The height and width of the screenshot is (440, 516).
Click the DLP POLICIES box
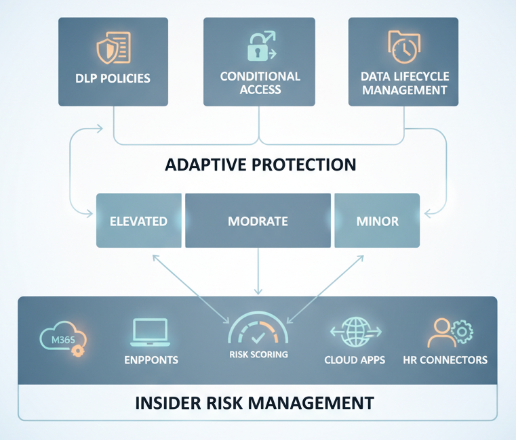(113, 62)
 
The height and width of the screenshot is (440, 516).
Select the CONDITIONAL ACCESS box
(260, 62)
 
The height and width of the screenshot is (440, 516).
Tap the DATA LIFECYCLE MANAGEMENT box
(404, 62)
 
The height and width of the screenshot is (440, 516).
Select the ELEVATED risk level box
(139, 221)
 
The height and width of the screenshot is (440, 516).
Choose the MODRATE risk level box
(258, 221)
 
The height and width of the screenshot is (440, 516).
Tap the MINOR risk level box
(377, 221)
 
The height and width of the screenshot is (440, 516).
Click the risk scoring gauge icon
(258, 330)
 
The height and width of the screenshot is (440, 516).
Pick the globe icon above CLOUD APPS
(355, 331)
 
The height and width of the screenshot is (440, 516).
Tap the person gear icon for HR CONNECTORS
(450, 332)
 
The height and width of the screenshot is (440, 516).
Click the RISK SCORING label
(258, 355)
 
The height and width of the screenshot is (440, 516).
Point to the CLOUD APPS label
(355, 359)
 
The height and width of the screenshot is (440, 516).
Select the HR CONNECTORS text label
(445, 359)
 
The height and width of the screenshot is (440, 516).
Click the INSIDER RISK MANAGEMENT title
(254, 403)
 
